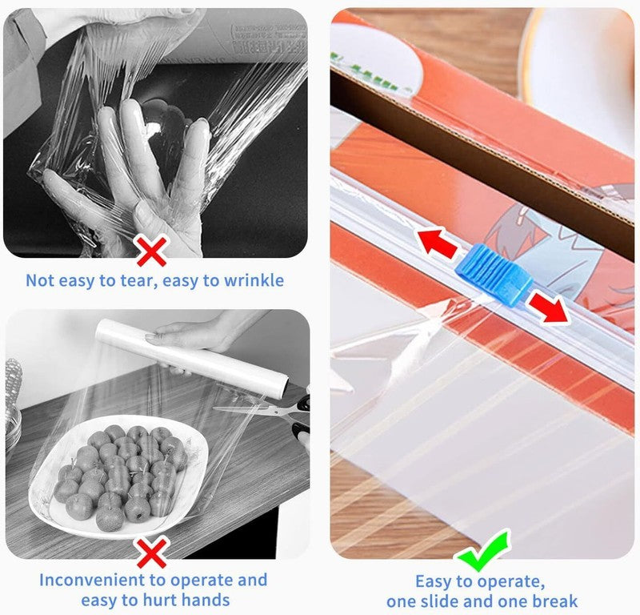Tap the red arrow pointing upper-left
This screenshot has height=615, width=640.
pos(435,243)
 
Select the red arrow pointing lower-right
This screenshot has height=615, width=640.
pos(548,307)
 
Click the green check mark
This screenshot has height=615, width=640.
pos(484,549)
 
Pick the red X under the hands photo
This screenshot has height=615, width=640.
pos(152,251)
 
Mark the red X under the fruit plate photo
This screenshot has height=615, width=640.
pos(152,552)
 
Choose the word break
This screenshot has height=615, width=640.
pos(552,601)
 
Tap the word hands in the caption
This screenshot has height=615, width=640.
pos(206,601)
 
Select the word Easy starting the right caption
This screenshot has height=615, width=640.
pos(434,582)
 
